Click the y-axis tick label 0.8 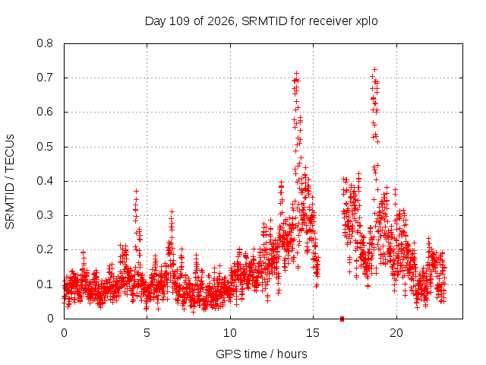coord(45,43)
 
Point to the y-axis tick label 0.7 coord(45,78)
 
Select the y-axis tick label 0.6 coord(45,112)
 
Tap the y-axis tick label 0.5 coord(45,147)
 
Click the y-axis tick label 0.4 coord(45,181)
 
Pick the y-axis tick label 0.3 coord(45,215)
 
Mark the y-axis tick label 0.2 coord(45,249)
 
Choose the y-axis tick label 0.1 coord(45,284)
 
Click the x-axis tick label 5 coord(147,333)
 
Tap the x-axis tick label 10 coord(229,333)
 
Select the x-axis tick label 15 coord(313,333)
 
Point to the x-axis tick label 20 coord(396,333)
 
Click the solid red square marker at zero coord(342,319)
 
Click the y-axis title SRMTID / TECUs coord(10,182)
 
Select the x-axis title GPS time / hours coord(261,354)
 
